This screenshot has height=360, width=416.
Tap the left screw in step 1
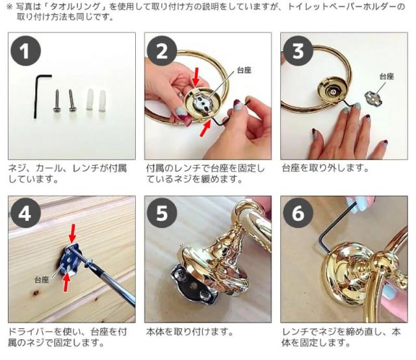(57, 98)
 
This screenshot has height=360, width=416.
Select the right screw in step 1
(73, 98)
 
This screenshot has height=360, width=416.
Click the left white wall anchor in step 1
(89, 98)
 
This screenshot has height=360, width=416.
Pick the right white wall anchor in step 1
(102, 98)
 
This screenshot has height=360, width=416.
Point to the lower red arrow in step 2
(204, 128)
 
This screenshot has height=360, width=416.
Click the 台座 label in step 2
(244, 70)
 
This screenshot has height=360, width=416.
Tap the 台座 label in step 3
(386, 77)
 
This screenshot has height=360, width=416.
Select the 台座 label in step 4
(42, 279)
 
